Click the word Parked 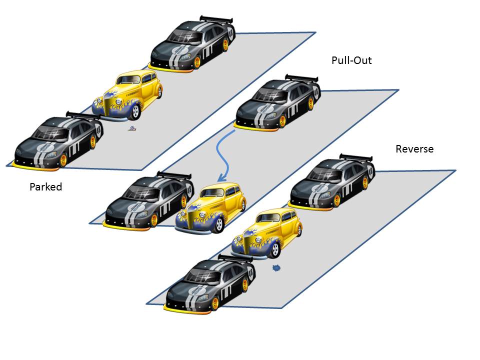45,187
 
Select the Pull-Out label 351,60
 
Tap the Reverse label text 414,149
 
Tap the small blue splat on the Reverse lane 276,268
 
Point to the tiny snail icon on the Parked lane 132,129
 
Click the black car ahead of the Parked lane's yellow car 57,140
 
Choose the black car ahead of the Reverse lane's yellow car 210,283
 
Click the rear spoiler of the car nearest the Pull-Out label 302,78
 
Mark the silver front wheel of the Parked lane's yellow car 135,113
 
